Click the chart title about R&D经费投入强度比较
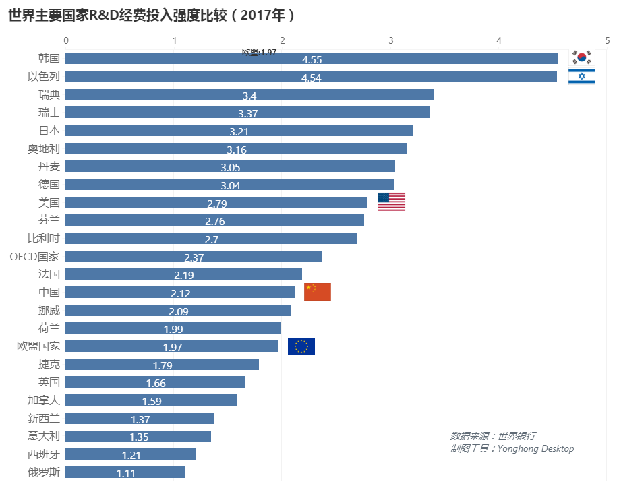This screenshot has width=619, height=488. click(152, 15)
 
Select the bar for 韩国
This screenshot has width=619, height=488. click(311, 59)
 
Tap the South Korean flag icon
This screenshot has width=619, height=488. click(581, 58)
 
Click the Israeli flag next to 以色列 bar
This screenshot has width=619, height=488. click(581, 76)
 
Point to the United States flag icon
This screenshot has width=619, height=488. click(391, 202)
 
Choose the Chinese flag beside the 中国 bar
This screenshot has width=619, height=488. click(317, 292)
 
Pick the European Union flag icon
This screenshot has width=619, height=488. click(301, 346)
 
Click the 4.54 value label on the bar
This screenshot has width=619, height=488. click(311, 78)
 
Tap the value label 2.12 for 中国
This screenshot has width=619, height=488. click(180, 293)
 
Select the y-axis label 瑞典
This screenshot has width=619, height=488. click(49, 94)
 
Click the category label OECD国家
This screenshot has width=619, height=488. click(34, 256)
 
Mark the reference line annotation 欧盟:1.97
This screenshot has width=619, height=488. click(259, 52)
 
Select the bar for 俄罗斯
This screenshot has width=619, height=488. click(125, 472)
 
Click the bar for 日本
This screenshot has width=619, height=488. click(239, 130)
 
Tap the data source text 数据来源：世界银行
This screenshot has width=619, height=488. click(493, 436)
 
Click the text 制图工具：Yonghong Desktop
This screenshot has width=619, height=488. click(512, 448)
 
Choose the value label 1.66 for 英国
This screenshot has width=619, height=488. click(155, 383)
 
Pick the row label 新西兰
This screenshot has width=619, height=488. click(44, 418)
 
